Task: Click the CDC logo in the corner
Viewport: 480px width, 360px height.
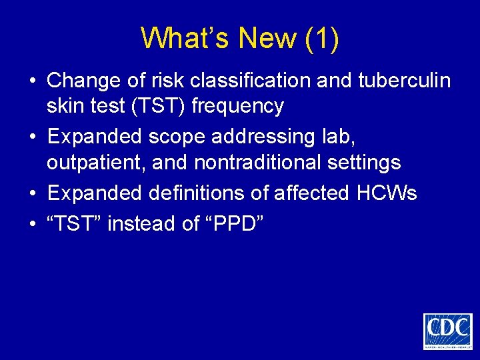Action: pyautogui.click(x=447, y=331)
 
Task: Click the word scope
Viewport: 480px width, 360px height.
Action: pyautogui.click(x=176, y=137)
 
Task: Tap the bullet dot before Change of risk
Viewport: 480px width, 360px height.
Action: pyautogui.click(x=32, y=81)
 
